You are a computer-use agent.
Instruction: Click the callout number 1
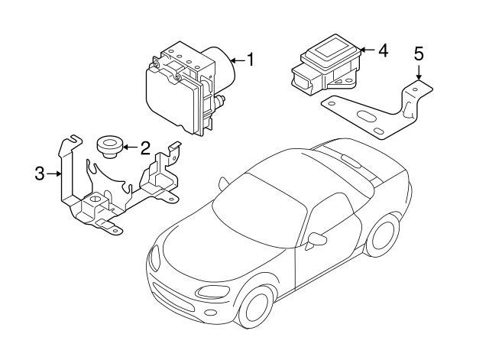coord(249,58)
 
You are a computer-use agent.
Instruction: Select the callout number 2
coord(144,147)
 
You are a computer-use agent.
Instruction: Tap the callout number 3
coord(40,174)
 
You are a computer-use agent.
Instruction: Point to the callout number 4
coord(383,50)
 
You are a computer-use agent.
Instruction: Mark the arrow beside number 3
coord(54,174)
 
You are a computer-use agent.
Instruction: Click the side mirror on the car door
coord(316,240)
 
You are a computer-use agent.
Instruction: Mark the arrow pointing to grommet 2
coord(128,147)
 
